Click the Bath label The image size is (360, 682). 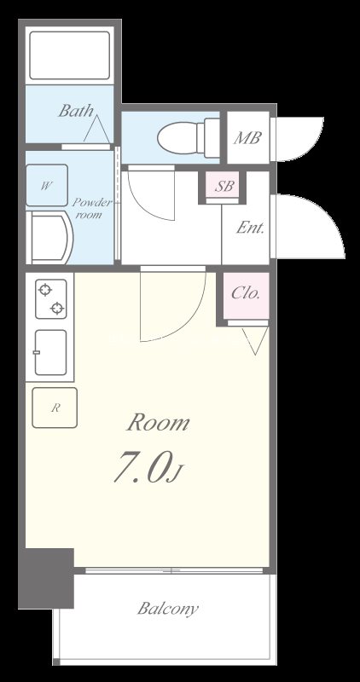coord(76,111)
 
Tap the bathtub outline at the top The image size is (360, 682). coord(70,55)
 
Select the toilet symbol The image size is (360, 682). coord(188,137)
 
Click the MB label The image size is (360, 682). coord(247,138)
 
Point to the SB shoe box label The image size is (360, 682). coord(224,186)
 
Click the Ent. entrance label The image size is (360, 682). coord(250,228)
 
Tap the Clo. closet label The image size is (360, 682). coord(246,293)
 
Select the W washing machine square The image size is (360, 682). coord(47,185)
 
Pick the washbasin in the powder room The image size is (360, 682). coord(49,237)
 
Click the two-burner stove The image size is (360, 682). coord(51,299)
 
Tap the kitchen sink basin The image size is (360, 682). coord(51,352)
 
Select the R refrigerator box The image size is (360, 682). coord(55,407)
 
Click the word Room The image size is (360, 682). coord(158,423)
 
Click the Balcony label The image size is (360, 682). coord(167,608)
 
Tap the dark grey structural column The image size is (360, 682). coord(46,579)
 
